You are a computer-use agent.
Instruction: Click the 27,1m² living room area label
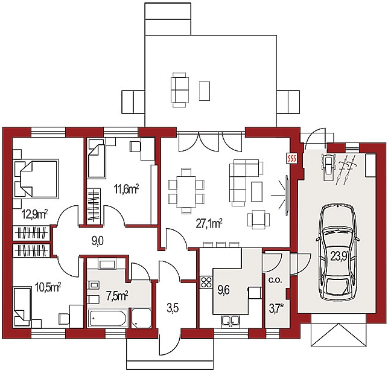click(x=209, y=223)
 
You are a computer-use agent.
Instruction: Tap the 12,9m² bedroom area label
click(x=34, y=214)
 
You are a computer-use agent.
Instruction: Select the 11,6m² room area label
click(x=126, y=189)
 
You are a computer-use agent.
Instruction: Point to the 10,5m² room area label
click(x=48, y=287)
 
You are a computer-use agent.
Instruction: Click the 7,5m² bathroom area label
click(x=117, y=296)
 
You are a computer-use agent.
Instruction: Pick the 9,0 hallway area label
click(x=98, y=241)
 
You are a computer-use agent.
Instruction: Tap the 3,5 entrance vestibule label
click(x=173, y=308)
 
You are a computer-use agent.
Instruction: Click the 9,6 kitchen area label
click(x=223, y=290)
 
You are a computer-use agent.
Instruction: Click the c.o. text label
click(x=275, y=280)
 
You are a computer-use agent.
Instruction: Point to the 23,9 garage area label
click(x=339, y=257)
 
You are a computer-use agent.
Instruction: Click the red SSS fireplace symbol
click(x=291, y=158)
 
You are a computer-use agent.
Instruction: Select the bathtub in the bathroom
click(x=108, y=318)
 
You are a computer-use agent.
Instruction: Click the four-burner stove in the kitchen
click(x=206, y=282)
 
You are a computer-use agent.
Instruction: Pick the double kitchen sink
click(x=230, y=321)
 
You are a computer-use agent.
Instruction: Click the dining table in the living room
click(x=186, y=191)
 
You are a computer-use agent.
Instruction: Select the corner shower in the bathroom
click(x=141, y=318)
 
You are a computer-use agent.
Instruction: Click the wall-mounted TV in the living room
click(x=287, y=195)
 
